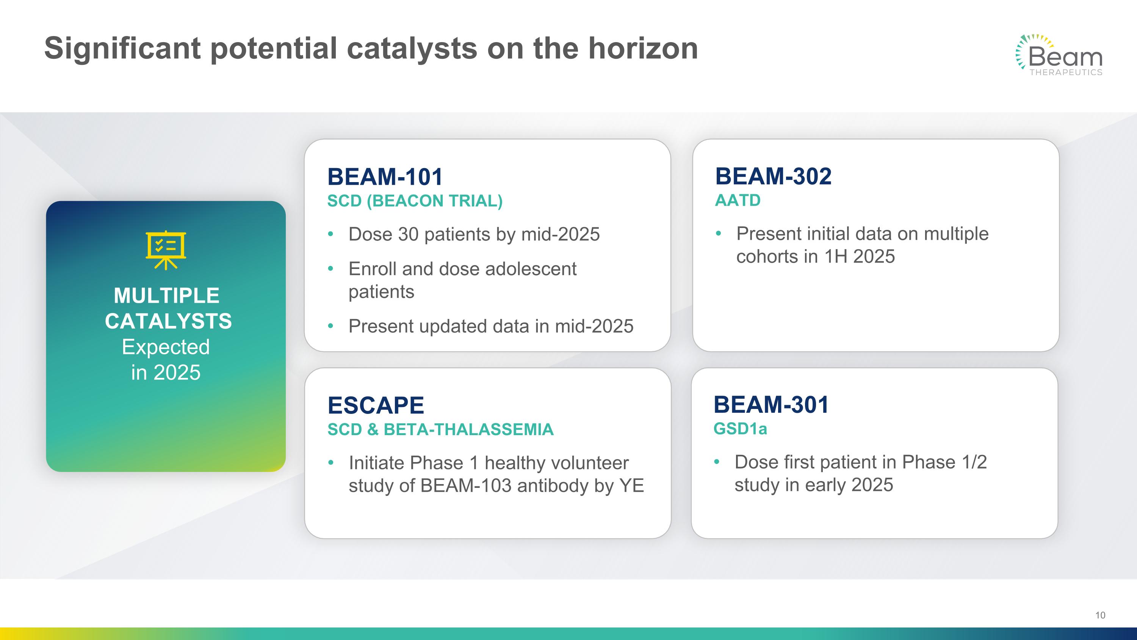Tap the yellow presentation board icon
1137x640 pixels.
pos(166,250)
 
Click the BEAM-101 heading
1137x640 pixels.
pos(385,177)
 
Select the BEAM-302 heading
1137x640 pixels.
pos(773,176)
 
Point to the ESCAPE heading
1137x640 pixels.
pos(376,405)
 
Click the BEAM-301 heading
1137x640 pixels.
pos(771,404)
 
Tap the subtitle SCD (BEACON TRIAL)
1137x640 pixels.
pos(415,201)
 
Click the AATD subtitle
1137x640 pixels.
pos(738,200)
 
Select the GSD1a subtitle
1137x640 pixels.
pos(740,428)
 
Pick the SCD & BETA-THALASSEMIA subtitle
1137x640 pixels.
pos(440,429)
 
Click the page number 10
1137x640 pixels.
pos(1100,615)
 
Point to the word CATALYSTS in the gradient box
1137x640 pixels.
pos(168,321)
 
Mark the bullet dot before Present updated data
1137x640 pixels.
pos(330,326)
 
